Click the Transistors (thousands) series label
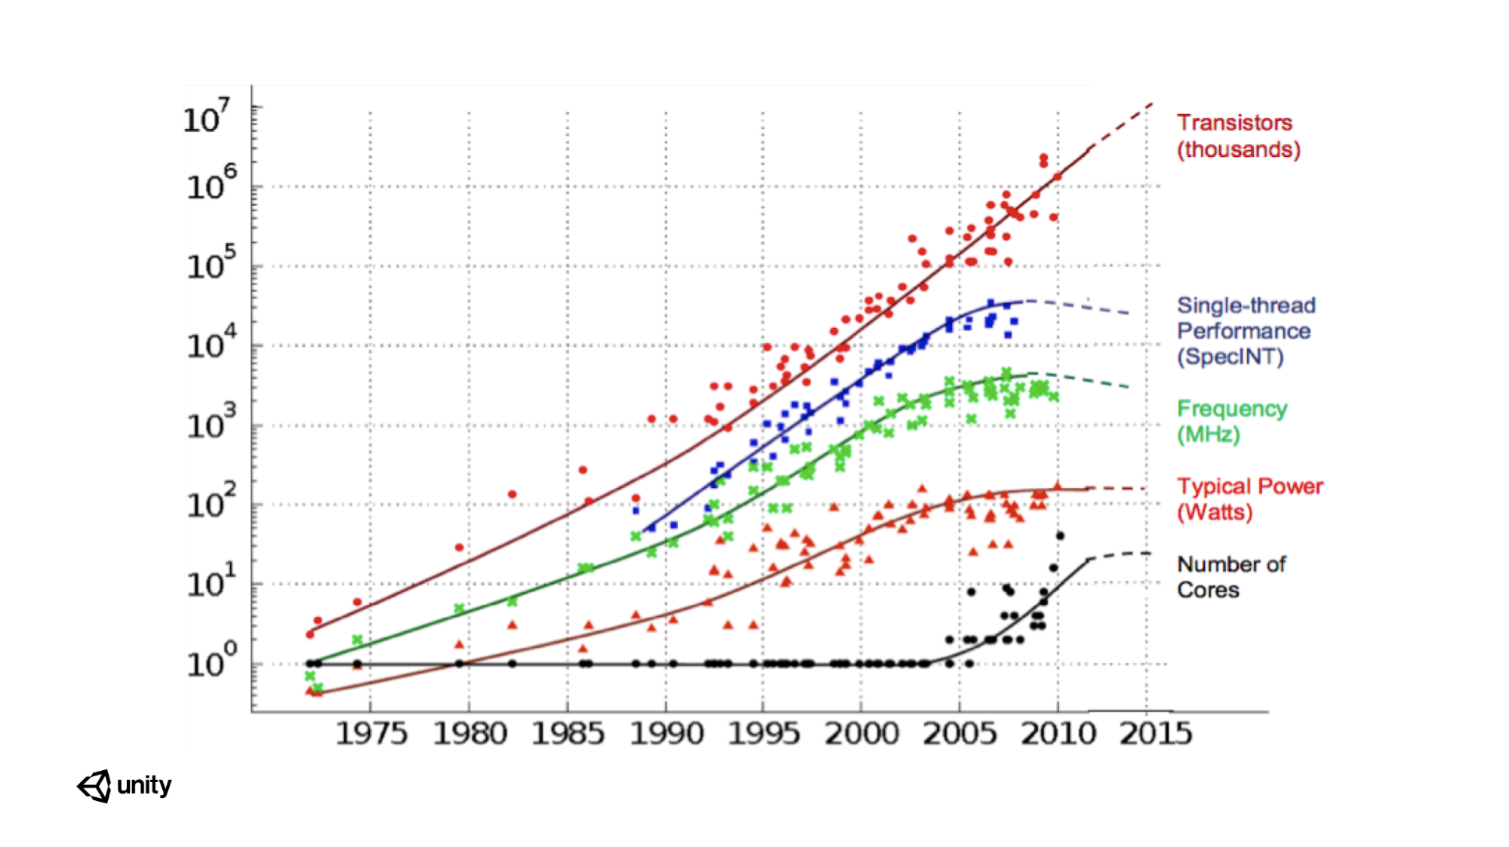1238,136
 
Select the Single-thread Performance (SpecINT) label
1246,330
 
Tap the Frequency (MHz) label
1231,421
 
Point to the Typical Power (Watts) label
1249,499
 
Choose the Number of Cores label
1230,576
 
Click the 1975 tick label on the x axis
371,733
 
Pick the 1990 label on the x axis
666,733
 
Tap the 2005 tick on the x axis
959,733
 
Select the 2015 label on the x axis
1155,733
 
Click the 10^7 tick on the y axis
206,117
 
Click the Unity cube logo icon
94,786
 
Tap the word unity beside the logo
144,785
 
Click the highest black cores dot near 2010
1060,536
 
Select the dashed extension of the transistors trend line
1121,125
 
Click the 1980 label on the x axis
469,733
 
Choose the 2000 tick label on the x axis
861,733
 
